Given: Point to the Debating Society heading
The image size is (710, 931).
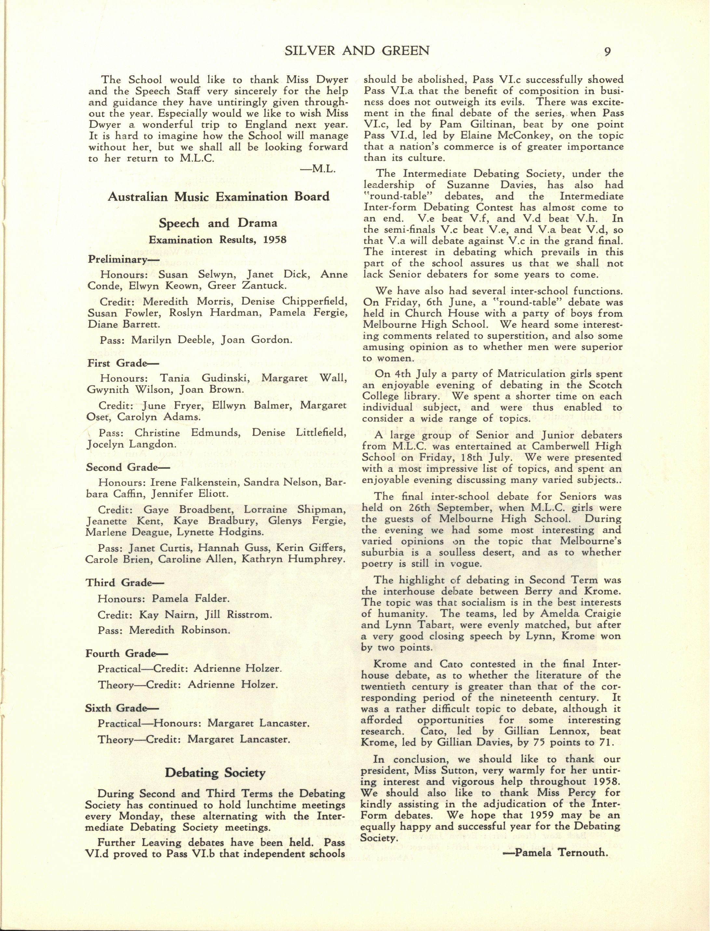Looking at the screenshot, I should coord(215,773).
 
